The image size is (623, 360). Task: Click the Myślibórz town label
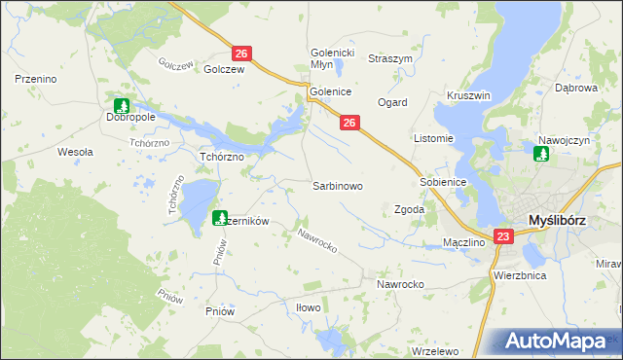556,221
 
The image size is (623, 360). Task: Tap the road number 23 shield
502,236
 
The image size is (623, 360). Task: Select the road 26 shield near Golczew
242,54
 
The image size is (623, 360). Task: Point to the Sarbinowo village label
337,185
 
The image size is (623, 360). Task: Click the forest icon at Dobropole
122,105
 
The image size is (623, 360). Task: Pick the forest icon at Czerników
220,218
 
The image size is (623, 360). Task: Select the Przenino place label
33,77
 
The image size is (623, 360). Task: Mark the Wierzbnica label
519,275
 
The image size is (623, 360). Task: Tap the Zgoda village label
408,209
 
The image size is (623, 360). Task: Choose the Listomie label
434,138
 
